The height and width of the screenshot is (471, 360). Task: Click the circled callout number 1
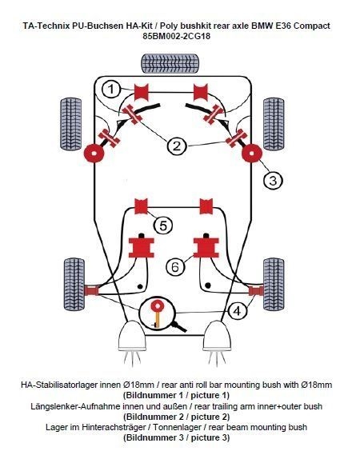[x=111, y=89]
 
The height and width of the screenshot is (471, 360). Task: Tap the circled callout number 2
[x=177, y=146]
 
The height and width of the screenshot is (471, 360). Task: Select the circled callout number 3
[x=273, y=181]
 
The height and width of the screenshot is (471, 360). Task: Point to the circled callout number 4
[x=238, y=311]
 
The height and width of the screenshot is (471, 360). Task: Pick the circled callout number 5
[x=163, y=226]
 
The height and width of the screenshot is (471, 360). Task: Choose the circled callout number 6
[x=175, y=266]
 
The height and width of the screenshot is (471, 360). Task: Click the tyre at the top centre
[x=170, y=63]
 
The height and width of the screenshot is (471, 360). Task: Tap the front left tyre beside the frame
[x=71, y=124]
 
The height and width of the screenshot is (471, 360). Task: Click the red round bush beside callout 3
[x=252, y=154]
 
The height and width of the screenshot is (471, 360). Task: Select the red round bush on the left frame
[x=94, y=154]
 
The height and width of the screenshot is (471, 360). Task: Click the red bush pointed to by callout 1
[x=142, y=92]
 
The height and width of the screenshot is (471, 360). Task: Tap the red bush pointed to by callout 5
[x=141, y=206]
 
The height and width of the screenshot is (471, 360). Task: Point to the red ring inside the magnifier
[x=157, y=305]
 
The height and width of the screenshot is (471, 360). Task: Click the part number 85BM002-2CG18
[x=177, y=36]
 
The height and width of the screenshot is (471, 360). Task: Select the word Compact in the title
[x=312, y=26]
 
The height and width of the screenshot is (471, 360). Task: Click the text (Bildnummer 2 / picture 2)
[x=176, y=417]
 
